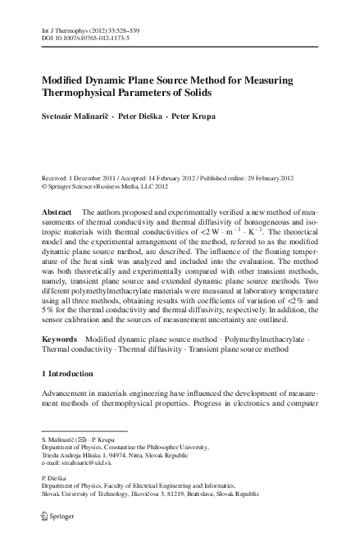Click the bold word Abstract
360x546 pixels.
point(57,212)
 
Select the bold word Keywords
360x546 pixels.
point(60,361)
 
